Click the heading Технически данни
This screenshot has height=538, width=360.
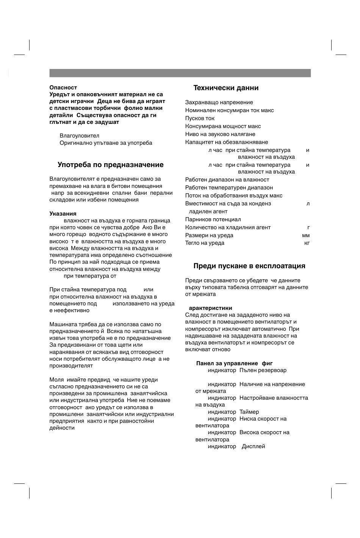(x=226, y=88)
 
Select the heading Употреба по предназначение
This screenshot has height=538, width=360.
(x=111, y=165)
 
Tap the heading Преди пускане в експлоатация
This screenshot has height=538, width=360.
(x=249, y=266)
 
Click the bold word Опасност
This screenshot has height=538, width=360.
(x=63, y=88)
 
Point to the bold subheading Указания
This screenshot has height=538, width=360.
(x=63, y=214)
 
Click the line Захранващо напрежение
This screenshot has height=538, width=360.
(x=219, y=102)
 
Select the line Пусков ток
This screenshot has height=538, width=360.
(x=200, y=118)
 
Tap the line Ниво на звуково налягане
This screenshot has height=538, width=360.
(x=220, y=134)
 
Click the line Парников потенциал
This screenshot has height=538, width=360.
(x=213, y=219)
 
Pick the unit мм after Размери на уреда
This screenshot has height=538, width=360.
(x=306, y=235)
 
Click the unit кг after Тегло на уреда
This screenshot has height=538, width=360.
(x=307, y=243)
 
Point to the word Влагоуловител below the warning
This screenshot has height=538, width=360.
(x=80, y=136)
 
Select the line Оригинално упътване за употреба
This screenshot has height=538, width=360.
(x=106, y=143)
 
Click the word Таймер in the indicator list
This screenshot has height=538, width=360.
(x=249, y=412)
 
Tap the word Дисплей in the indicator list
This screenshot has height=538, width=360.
(x=253, y=446)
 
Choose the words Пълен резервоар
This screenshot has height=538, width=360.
(x=263, y=370)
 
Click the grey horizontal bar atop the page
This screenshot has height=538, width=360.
(x=180, y=73)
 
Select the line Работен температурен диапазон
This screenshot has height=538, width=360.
(x=229, y=188)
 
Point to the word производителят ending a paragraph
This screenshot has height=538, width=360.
(x=71, y=366)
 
